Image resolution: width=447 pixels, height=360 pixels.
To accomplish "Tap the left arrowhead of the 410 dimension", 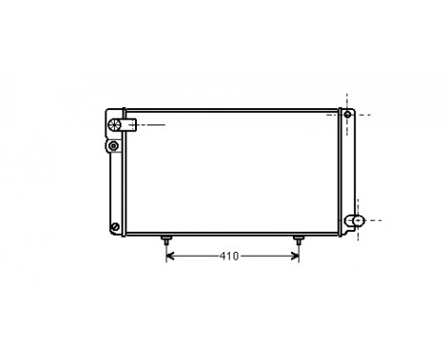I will (x=170, y=257).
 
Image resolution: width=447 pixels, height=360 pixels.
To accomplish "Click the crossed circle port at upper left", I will (x=115, y=124).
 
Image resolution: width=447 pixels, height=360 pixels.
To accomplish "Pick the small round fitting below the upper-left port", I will (x=115, y=146).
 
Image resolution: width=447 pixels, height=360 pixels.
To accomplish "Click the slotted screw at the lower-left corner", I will (x=115, y=227).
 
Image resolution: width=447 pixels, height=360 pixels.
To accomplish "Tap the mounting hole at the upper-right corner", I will (x=347, y=115).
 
